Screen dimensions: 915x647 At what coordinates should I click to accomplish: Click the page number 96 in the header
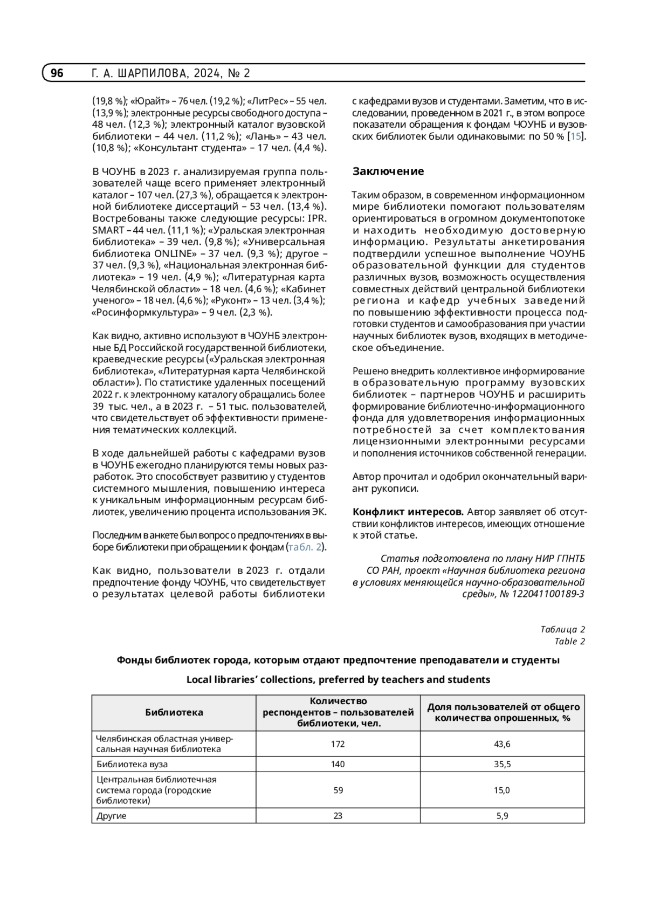coord(57,73)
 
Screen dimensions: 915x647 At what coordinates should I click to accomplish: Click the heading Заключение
coord(388,171)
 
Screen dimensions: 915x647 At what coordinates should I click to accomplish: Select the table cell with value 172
coord(338,744)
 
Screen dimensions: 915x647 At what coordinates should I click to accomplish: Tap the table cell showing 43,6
coord(502,744)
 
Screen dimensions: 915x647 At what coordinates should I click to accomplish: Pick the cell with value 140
coord(338,764)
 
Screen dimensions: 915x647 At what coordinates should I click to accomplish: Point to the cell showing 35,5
coord(502,764)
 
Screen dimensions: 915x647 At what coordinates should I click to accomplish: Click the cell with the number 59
coord(338,790)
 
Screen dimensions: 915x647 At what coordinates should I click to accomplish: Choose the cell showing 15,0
coord(502,790)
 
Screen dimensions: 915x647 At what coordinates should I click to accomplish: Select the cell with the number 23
coord(338,816)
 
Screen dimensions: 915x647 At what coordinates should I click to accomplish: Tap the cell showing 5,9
coord(502,816)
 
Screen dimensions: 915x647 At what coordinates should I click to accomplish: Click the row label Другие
coord(112,816)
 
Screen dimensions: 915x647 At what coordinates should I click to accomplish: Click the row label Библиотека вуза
coord(132,764)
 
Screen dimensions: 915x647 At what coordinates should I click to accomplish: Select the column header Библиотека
coord(174,712)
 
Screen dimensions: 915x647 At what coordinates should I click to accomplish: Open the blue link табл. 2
coord(305,547)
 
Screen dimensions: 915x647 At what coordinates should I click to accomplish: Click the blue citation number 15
coord(576,136)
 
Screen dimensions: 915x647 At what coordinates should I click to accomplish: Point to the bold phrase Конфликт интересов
coord(408,512)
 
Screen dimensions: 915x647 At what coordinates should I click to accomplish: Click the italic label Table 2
coord(569,641)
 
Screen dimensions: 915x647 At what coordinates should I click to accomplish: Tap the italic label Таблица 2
coord(562,629)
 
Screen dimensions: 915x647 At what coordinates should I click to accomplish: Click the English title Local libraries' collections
coord(338,679)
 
